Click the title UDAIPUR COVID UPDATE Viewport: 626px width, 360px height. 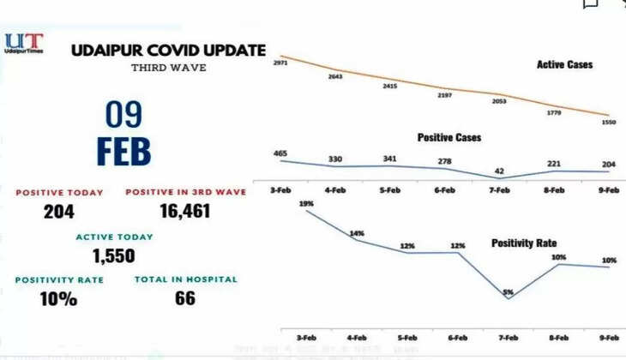(x=168, y=51)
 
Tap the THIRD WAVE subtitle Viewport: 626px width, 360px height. (x=168, y=68)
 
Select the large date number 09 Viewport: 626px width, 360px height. (x=125, y=115)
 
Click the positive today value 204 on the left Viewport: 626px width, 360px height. (x=59, y=212)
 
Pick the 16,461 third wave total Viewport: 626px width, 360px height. (x=185, y=212)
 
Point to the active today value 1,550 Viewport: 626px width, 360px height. (x=114, y=255)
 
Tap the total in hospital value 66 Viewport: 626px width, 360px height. (x=184, y=298)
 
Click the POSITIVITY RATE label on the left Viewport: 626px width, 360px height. (x=59, y=279)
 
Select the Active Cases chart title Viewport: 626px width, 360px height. (x=564, y=64)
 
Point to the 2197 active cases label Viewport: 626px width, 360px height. (x=445, y=95)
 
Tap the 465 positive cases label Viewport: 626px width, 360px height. (x=280, y=153)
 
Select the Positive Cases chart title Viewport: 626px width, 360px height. (x=448, y=137)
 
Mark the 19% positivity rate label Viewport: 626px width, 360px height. (x=306, y=203)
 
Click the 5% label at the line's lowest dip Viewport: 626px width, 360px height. (x=508, y=292)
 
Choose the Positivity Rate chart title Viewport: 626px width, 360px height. (x=524, y=243)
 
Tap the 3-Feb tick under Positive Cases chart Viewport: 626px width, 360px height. (x=280, y=189)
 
